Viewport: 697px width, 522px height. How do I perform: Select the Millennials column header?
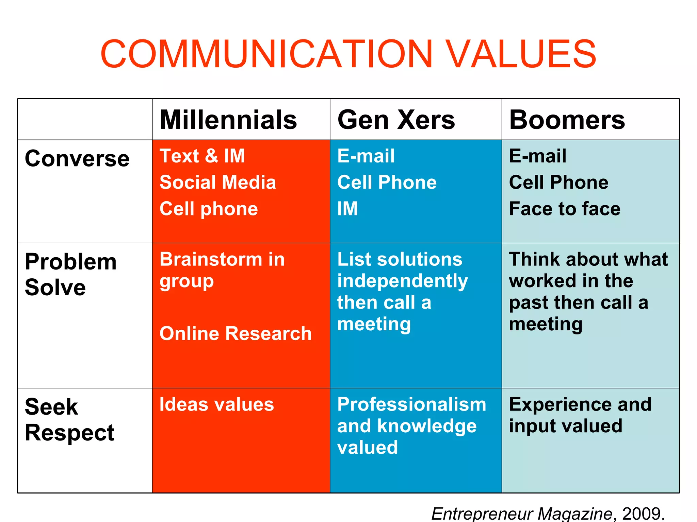pos(228,120)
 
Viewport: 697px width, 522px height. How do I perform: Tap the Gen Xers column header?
pos(396,120)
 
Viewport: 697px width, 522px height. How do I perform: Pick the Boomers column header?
pos(567,120)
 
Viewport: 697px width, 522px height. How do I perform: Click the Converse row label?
pos(77,159)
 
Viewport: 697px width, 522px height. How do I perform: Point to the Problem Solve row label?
pos(71,275)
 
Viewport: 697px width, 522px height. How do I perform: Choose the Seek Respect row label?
pos(69,420)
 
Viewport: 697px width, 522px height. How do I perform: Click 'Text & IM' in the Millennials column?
pos(202,156)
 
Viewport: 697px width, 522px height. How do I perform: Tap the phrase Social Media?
pos(218,182)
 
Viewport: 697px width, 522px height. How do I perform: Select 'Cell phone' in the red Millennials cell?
pos(209,209)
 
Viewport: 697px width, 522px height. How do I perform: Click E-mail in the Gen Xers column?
pos(366,156)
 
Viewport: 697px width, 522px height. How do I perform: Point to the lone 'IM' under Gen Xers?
pos(347,209)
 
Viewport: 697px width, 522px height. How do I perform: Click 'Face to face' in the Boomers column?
pos(565,209)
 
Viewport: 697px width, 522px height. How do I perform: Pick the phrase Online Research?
pos(236,333)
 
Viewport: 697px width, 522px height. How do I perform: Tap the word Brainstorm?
pos(211,259)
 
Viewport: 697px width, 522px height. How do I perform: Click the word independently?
pos(403,281)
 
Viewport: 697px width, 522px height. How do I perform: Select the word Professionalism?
pos(412,404)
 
